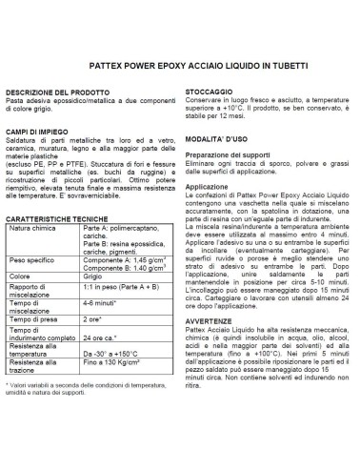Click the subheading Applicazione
coord(204,188)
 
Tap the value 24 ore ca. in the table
coord(101,364)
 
